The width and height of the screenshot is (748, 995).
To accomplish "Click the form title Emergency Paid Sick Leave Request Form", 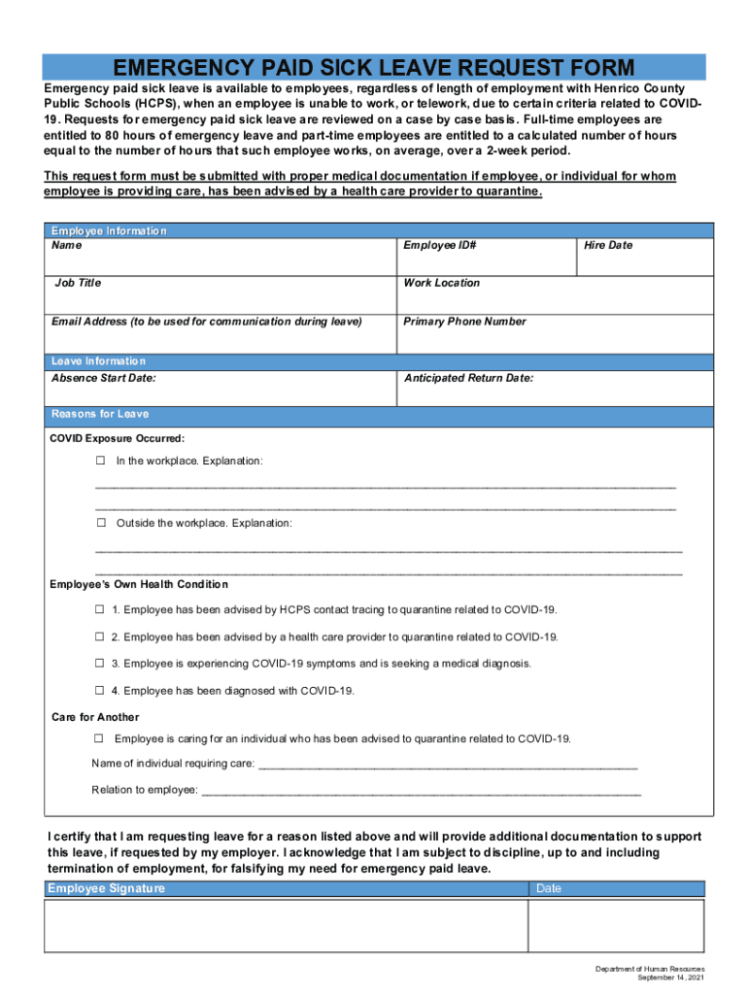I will point(374,68).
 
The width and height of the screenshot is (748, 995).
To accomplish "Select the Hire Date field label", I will point(607,246).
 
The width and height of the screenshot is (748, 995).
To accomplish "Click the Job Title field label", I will point(78,284).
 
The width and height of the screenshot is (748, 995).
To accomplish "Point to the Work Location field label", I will point(441,284).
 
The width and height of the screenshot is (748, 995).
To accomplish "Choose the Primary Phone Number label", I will point(464,322).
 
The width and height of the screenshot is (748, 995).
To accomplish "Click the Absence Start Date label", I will point(103,378).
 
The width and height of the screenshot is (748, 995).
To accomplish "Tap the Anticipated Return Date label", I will point(468,378).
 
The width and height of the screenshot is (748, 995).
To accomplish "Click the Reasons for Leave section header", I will point(100,414).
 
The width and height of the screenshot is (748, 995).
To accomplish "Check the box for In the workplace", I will point(100,461).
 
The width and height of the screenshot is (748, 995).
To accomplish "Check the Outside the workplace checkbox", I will point(100,523).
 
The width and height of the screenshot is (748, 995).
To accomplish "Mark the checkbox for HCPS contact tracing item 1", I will point(99,609).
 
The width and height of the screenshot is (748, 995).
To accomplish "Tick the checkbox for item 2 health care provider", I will point(99,637).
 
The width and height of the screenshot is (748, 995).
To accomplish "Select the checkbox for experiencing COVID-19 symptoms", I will point(99,664).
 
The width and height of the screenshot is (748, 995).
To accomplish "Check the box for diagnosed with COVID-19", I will point(99,691).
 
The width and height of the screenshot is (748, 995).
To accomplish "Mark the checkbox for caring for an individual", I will point(99,738).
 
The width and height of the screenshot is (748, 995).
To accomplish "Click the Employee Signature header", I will point(107,889).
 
